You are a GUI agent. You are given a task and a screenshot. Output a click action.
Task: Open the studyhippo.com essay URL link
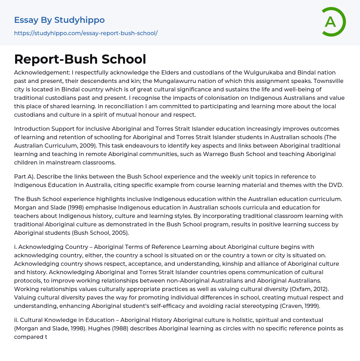86,33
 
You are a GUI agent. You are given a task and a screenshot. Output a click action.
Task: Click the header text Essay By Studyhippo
59,20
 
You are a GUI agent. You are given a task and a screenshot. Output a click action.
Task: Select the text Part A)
26,176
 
